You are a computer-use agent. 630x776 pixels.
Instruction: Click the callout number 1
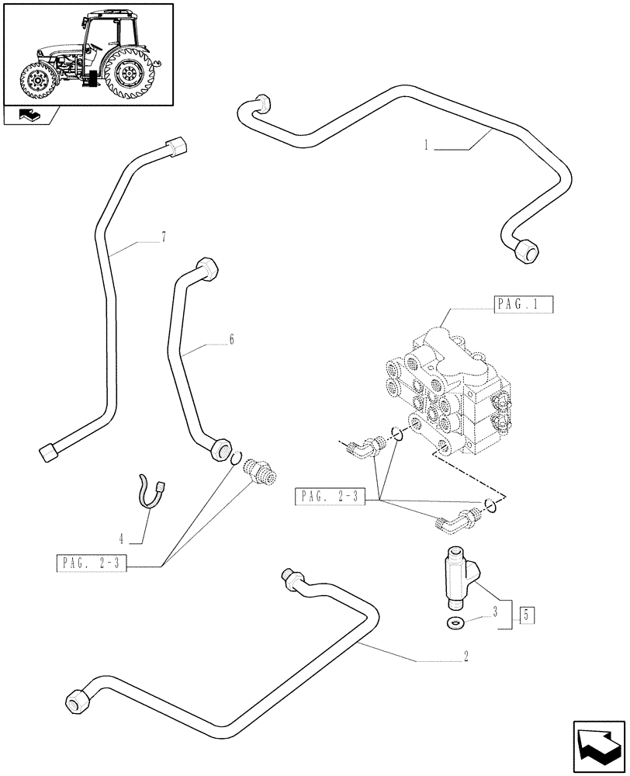click(x=427, y=145)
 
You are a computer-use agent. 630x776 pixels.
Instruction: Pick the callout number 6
click(x=231, y=340)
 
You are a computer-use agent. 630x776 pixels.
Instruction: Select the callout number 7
click(x=164, y=238)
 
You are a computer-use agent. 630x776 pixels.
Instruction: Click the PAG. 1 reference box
click(x=522, y=305)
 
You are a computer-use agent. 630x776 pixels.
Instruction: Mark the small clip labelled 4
click(x=149, y=492)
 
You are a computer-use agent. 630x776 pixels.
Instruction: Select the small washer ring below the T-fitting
click(x=455, y=622)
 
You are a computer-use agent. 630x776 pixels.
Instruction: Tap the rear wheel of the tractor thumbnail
click(x=127, y=74)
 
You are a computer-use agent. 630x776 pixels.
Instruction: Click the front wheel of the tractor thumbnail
click(x=36, y=82)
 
